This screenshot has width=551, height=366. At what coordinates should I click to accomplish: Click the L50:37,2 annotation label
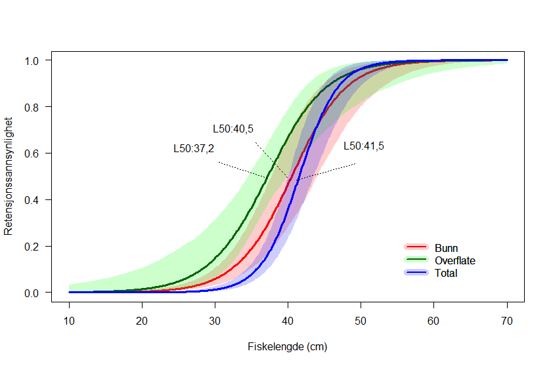[x=194, y=149]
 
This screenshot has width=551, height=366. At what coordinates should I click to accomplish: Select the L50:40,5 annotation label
[x=233, y=129]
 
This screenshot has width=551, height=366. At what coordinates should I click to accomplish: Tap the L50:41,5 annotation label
[x=364, y=146]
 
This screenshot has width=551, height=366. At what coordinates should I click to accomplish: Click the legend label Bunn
[x=447, y=248]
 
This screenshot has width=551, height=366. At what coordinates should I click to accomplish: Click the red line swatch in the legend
[x=416, y=247]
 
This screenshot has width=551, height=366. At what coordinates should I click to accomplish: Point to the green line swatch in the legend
[x=416, y=260]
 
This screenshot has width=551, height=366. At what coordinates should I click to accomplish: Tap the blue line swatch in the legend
[x=416, y=272]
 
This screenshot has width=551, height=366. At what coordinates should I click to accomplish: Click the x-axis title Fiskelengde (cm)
[x=288, y=346]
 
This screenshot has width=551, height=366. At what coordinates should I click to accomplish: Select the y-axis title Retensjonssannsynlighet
[x=9, y=176]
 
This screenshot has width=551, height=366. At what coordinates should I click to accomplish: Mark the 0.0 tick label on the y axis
[x=33, y=293]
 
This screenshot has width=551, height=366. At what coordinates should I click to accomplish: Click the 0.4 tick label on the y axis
[x=33, y=199]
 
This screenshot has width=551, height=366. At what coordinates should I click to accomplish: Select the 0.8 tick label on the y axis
[x=33, y=107]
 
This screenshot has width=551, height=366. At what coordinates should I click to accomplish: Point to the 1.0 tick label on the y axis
[x=33, y=60]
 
